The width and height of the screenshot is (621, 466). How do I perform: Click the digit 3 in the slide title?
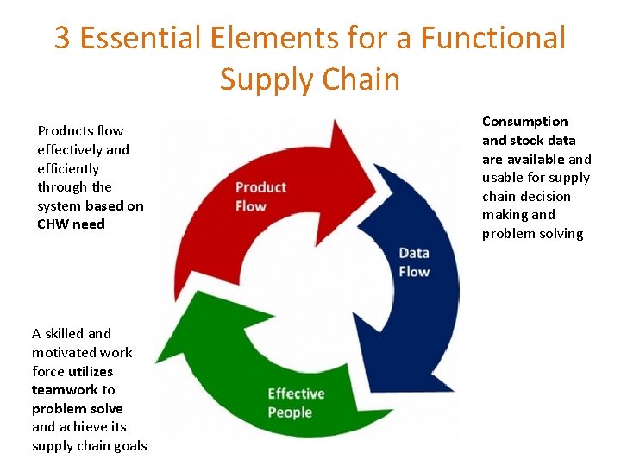[62, 39]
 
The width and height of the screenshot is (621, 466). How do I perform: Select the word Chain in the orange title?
[361, 79]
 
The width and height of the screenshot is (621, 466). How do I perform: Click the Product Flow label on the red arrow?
[260, 197]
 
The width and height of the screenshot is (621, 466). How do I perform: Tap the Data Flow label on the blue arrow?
[414, 262]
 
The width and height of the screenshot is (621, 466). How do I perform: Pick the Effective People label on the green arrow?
[296, 403]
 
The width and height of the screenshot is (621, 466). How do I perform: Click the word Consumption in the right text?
[524, 122]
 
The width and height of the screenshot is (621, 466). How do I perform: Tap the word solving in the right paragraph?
[561, 234]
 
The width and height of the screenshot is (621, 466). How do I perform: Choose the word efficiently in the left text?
[68, 169]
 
